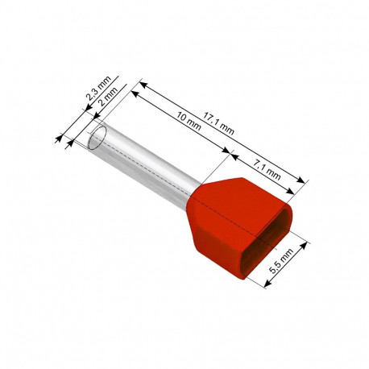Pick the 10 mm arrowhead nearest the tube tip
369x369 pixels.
tap(134, 93)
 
